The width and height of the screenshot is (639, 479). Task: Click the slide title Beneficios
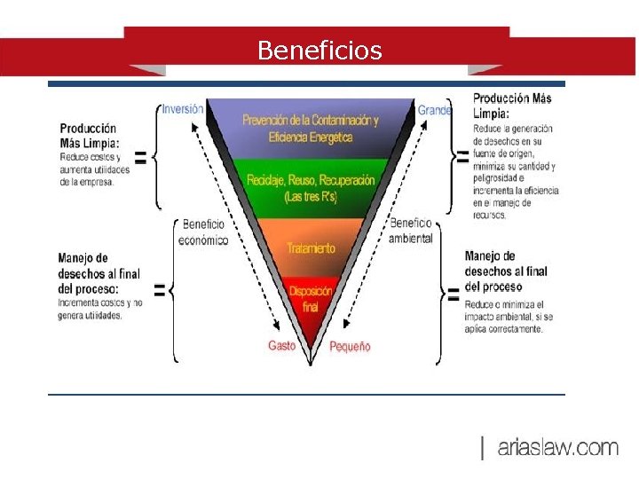coord(319,51)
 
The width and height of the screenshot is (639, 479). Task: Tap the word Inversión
coord(183,109)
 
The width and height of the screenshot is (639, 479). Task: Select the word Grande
coord(435,110)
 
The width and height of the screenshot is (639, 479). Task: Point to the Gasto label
coord(281,345)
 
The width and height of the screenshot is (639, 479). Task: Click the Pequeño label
coord(350,346)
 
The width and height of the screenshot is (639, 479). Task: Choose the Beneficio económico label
coord(203,232)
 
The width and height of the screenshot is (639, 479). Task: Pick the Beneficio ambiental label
coord(411,231)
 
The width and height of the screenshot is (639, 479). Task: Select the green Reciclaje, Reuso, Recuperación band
coord(310,187)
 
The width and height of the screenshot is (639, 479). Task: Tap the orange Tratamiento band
coord(311,248)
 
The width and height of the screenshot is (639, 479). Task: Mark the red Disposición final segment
coord(311,298)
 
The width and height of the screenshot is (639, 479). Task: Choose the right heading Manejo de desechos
coord(506,271)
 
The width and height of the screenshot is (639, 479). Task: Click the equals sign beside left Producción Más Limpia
coord(139,158)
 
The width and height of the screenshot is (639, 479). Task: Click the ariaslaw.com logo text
coord(557,448)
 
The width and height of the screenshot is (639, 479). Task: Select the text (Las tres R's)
coord(311,197)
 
